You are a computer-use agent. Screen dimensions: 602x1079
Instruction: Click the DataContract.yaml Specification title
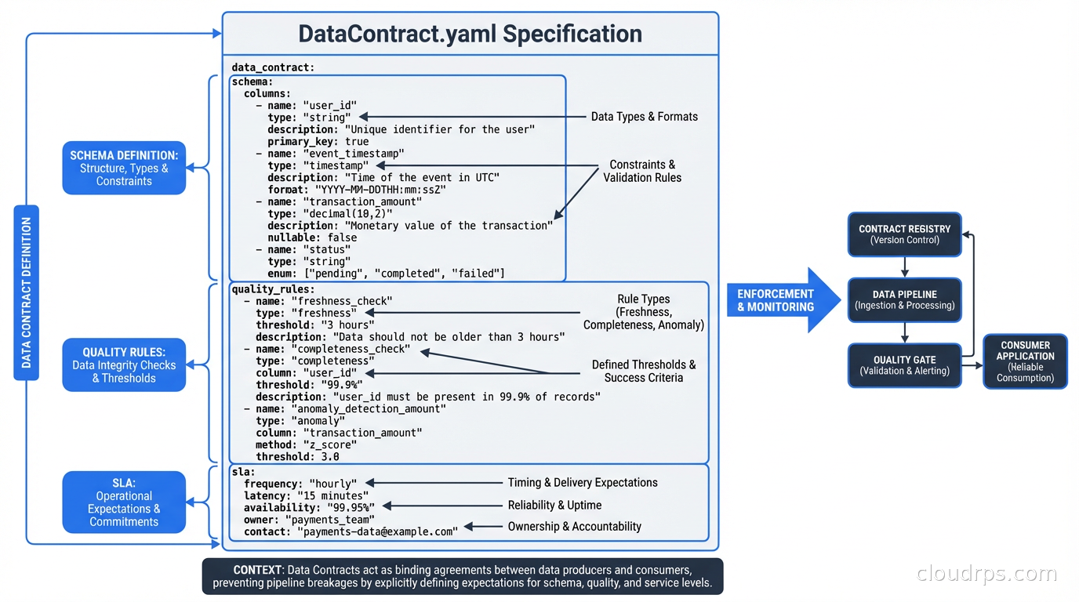(470, 34)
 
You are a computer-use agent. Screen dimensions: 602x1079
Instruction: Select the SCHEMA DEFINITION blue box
(124, 168)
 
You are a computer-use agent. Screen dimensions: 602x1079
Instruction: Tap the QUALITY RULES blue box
(124, 365)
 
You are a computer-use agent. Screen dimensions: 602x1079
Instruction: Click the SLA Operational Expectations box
(124, 502)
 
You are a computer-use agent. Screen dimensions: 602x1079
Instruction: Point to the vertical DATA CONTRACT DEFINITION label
(26, 292)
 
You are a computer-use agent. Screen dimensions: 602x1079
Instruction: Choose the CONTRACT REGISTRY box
(904, 234)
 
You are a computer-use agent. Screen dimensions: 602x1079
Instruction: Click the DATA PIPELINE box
(904, 299)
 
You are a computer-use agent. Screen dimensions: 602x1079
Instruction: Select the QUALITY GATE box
(904, 365)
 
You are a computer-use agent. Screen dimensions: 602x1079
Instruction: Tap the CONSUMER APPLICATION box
(1025, 361)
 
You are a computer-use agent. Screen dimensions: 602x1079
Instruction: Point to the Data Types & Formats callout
(644, 117)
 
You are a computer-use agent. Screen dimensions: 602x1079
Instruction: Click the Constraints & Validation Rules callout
(642, 172)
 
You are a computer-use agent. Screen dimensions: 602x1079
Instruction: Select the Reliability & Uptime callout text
(554, 506)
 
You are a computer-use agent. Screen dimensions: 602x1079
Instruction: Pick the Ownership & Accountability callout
(574, 527)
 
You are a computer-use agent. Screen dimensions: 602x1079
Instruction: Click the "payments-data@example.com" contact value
(376, 531)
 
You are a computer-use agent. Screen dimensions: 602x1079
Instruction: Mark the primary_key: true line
(318, 142)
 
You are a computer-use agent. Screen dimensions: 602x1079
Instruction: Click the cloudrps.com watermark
(986, 574)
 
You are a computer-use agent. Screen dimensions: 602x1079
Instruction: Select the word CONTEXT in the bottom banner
(256, 570)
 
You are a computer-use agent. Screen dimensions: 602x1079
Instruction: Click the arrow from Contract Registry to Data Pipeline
(905, 267)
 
